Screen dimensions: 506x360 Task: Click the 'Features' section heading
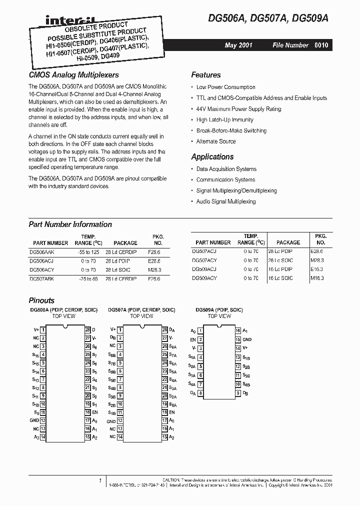coord(205,75)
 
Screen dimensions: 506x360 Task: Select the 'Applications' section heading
coord(212,156)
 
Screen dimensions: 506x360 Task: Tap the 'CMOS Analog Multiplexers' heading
coord(73,75)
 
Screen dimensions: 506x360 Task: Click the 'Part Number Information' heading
coord(70,224)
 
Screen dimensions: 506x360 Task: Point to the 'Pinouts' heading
coord(41,300)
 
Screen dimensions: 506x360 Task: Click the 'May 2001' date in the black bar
coord(238,45)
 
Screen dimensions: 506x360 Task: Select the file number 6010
coord(321,45)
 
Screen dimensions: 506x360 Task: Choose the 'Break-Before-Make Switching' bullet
coord(231,130)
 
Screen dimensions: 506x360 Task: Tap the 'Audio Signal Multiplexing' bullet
coord(225,201)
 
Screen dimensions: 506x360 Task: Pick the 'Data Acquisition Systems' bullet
coord(226,169)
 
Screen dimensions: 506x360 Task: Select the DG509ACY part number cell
coord(204,278)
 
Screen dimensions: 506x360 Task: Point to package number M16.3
coord(317,278)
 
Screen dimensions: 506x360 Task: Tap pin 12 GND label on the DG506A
coord(34,420)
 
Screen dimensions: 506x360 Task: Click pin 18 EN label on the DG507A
coord(172,412)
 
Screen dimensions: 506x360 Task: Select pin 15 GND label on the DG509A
coord(247,339)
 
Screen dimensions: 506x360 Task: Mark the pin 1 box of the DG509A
coord(200,331)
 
